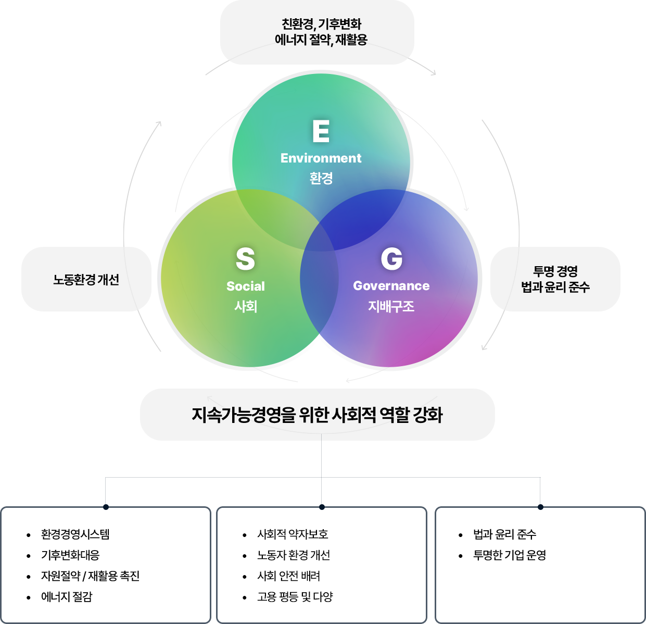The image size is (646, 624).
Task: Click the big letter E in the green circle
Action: point(321,131)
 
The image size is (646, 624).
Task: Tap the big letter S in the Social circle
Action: point(245,259)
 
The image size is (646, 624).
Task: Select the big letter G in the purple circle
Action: point(391,259)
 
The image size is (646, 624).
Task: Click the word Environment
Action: point(321,158)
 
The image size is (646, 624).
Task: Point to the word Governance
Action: point(391,286)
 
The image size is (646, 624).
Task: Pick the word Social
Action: point(246,286)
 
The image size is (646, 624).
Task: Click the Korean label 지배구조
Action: point(391,306)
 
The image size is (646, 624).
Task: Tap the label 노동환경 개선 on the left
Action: point(86,280)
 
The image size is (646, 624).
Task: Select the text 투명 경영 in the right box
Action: point(555,271)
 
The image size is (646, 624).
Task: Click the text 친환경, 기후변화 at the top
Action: point(321,24)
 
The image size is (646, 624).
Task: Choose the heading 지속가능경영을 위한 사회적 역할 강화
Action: point(317,415)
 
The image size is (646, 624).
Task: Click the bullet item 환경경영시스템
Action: point(75,534)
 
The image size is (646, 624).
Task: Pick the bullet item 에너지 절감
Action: point(67,597)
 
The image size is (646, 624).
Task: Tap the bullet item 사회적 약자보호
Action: point(293,534)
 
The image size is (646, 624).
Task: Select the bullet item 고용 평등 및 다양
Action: point(295,597)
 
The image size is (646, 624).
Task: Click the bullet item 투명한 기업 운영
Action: point(510,555)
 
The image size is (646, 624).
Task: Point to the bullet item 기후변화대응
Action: point(70,555)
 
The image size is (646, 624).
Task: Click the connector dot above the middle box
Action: point(322,507)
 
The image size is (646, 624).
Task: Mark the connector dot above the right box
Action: point(540,507)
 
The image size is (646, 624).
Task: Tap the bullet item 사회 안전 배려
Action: point(289,576)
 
